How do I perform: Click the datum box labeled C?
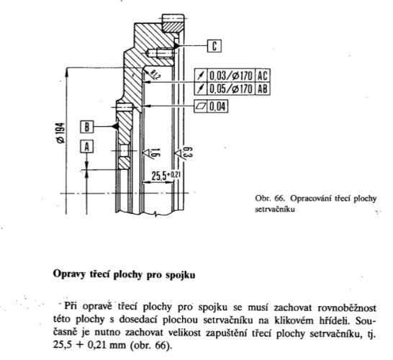pyautogui.click(x=214, y=46)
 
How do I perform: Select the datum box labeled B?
pyautogui.click(x=86, y=127)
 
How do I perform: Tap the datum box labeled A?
pyautogui.click(x=86, y=147)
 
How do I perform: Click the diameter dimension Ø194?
pyautogui.click(x=60, y=132)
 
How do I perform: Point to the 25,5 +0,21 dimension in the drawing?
pyautogui.click(x=166, y=175)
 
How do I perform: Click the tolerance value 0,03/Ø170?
pyautogui.click(x=230, y=75)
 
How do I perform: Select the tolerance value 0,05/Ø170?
pyautogui.click(x=230, y=89)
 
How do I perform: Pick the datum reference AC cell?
pyautogui.click(x=263, y=75)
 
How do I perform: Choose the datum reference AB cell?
pyautogui.click(x=263, y=89)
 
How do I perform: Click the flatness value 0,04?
pyautogui.click(x=217, y=107)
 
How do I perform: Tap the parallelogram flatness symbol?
pyautogui.click(x=201, y=107)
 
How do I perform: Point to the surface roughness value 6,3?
pyautogui.click(x=189, y=152)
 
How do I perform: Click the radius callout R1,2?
pyautogui.click(x=155, y=74)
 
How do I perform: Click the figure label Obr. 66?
pyautogui.click(x=270, y=198)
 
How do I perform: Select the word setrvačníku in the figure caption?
pyautogui.click(x=275, y=209)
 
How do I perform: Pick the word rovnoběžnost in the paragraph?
pyautogui.click(x=347, y=307)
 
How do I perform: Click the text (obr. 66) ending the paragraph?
pyautogui.click(x=151, y=345)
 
